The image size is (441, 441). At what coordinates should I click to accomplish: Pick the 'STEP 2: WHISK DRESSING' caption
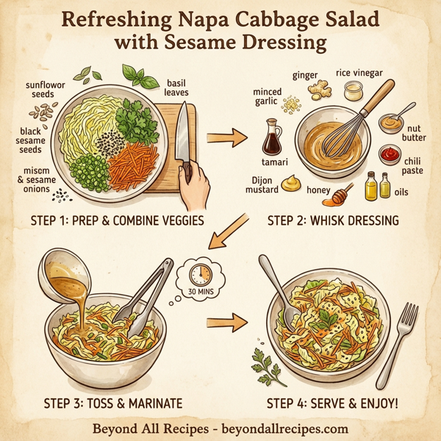click(x=332, y=219)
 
